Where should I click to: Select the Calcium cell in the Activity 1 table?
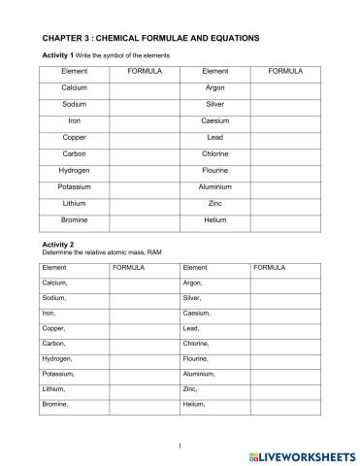pos(75,87)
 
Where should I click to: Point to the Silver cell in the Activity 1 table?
pos(215,104)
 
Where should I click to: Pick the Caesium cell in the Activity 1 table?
pos(215,120)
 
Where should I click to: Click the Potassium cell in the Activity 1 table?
pos(75,186)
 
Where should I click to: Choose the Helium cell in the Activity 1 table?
pos(215,219)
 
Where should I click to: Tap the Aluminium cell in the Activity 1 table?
pos(215,186)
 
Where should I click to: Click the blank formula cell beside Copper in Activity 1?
pos(145,137)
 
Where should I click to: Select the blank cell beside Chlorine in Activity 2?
pos(283,343)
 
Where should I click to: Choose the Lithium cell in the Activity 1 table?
pos(75,203)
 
